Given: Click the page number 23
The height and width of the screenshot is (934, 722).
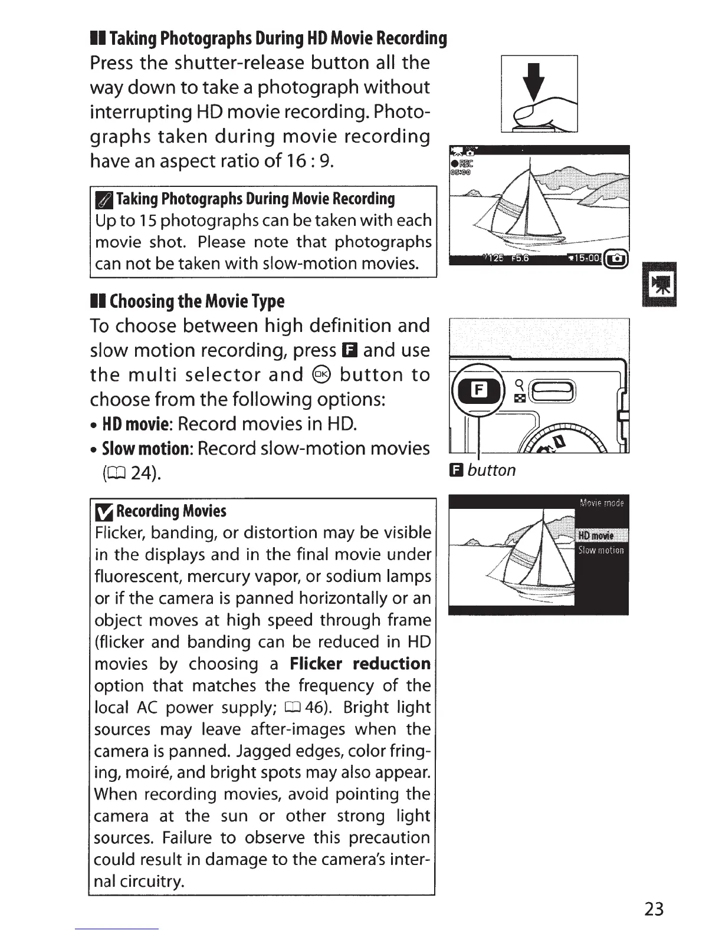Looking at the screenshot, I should coord(654,908).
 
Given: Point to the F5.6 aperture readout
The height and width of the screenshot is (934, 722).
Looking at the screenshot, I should coord(520,258).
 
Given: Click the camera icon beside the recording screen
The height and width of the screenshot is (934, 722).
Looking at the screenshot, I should coord(618,258).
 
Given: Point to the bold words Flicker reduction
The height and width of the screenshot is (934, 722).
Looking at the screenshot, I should coord(360,663).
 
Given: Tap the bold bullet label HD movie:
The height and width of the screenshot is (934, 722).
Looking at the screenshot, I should coord(136,424).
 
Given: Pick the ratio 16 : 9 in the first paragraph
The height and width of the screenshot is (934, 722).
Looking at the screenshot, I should coord(307,160).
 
